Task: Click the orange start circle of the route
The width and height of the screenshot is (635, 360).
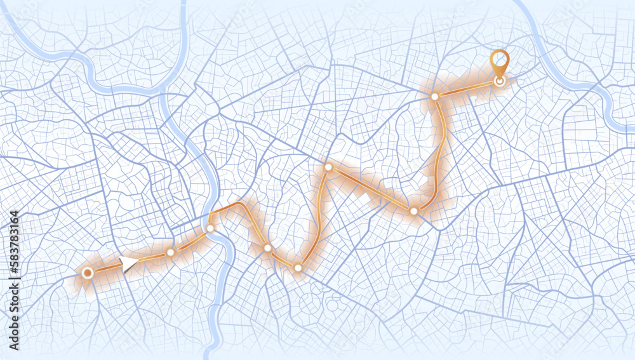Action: [x=88, y=273]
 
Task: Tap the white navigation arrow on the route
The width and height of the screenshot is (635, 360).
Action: [x=129, y=263]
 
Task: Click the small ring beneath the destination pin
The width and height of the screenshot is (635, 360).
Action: [x=500, y=81]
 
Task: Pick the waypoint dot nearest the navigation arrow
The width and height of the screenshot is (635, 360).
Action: [x=170, y=252]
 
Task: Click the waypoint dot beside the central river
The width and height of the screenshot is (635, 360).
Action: [x=210, y=228]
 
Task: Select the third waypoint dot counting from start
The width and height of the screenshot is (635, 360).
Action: [x=267, y=248]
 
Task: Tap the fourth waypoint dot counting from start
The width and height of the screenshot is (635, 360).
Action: [x=298, y=268]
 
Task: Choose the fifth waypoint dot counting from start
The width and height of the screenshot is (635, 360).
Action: [x=328, y=168]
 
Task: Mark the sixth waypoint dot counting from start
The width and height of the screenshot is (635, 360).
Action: [x=413, y=211]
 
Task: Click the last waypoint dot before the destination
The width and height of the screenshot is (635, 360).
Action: [x=435, y=97]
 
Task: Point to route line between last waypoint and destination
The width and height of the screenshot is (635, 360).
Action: [x=467, y=89]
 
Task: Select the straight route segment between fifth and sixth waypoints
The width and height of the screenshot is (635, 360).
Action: [x=371, y=189]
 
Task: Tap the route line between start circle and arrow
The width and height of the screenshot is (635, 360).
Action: [x=105, y=269]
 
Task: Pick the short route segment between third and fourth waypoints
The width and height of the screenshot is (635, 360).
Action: [x=283, y=258]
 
